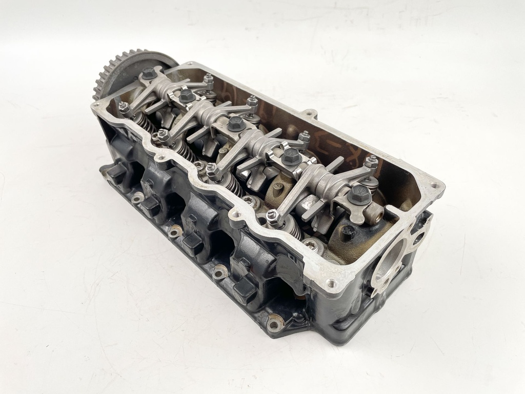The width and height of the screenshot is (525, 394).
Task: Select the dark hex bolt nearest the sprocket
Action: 149,73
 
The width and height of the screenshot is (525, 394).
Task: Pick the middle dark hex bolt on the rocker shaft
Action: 235,123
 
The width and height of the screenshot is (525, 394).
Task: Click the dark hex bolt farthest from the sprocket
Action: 359,194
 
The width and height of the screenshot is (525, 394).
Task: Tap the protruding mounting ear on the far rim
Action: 309,113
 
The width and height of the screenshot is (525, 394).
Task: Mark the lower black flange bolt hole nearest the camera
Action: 275,324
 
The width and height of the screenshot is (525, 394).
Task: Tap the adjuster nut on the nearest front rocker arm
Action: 272,218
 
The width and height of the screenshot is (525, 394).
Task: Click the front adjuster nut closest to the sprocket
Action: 124,108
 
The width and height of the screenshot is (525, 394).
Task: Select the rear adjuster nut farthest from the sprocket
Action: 371,162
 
